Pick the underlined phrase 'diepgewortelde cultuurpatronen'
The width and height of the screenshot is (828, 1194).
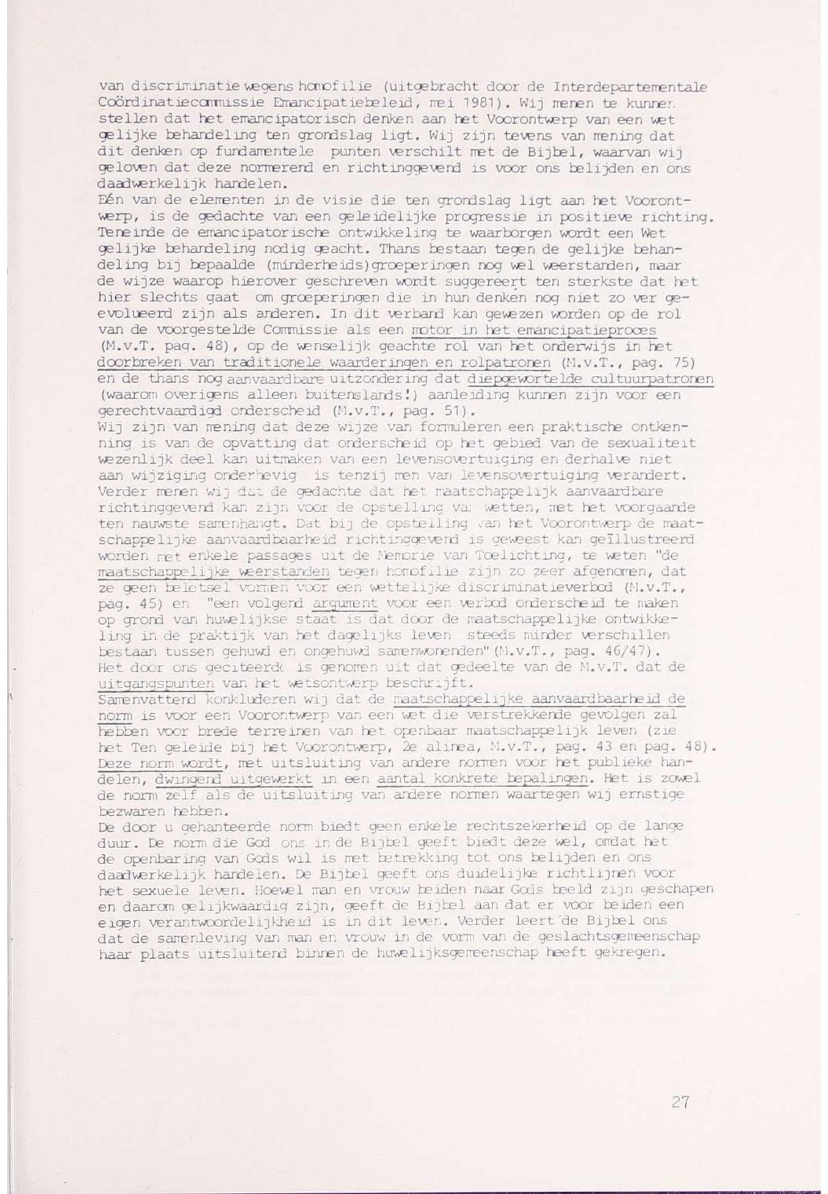(x=591, y=379)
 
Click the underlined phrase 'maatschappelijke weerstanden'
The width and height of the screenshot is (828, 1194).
(x=214, y=572)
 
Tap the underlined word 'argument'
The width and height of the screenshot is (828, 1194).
(x=345, y=604)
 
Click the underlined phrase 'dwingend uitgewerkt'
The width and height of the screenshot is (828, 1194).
(x=233, y=779)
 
